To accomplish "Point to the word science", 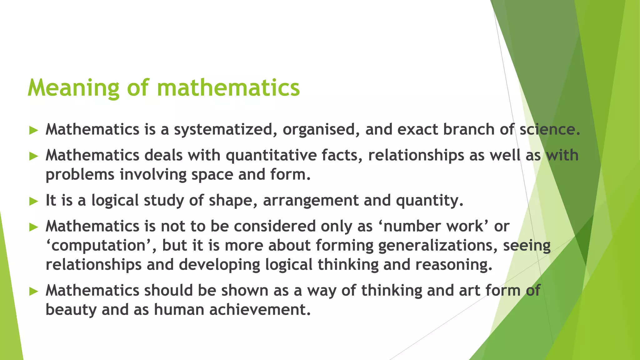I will [x=550, y=130].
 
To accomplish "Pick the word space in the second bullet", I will [x=212, y=175].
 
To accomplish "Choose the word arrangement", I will [x=311, y=201].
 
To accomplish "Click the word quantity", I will [x=429, y=201].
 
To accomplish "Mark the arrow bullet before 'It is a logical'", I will [x=33, y=201].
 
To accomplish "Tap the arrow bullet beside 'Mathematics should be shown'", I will [x=33, y=292].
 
